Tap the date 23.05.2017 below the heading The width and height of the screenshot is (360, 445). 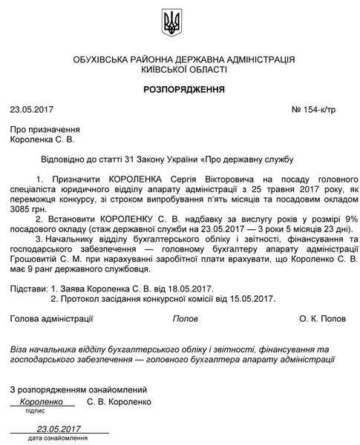pos(31,111)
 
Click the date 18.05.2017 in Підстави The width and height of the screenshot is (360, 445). pos(176,287)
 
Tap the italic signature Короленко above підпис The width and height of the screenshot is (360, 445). pos(42,401)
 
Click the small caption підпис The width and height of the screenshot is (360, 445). pos(35,410)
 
